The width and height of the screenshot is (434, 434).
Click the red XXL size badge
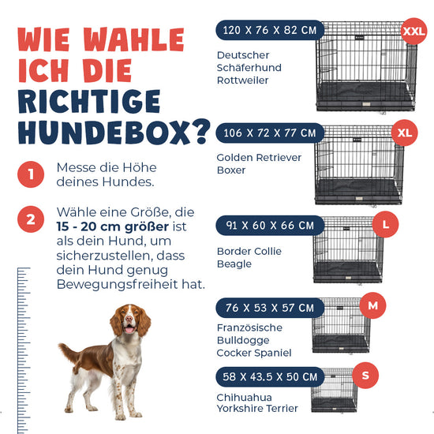413,32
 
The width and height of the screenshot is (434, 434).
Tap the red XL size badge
404,133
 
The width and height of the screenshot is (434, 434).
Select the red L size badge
385,224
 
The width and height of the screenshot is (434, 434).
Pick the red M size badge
372,305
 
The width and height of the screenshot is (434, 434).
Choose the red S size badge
365,376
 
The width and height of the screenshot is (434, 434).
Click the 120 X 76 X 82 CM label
270,30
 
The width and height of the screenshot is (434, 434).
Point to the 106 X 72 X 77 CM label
270,133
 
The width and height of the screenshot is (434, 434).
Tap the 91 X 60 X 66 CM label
270,226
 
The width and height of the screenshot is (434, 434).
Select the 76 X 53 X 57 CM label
270,308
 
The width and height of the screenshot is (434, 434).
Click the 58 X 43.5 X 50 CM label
270,376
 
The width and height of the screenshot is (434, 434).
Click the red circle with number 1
31,174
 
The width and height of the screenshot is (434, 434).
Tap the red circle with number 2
31,219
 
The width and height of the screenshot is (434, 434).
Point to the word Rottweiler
242,80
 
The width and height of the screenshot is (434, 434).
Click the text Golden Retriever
259,158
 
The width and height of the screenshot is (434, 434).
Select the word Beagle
234,264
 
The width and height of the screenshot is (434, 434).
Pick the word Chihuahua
244,398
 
